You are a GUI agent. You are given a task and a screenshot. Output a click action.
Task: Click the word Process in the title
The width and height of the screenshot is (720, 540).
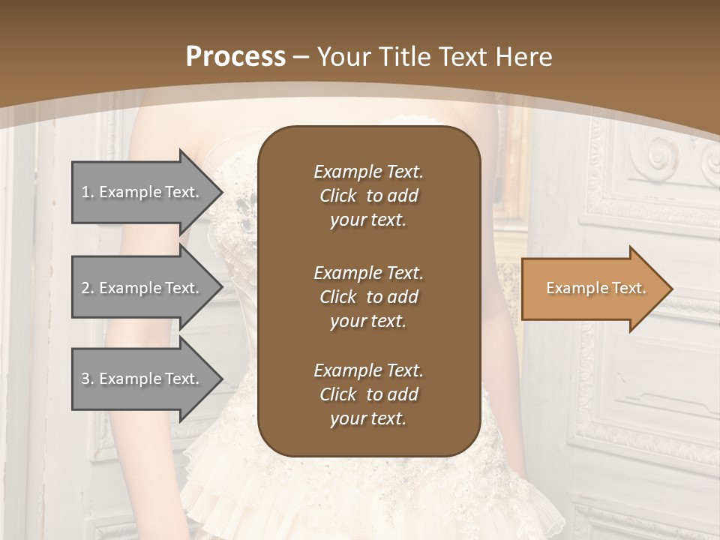coord(235,57)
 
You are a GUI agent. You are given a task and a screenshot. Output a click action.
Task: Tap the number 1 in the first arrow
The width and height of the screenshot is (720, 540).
coord(85,192)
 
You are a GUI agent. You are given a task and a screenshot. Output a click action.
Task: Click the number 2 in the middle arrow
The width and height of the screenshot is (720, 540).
coord(85,288)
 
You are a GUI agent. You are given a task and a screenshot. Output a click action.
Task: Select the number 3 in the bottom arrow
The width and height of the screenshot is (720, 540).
coord(85,379)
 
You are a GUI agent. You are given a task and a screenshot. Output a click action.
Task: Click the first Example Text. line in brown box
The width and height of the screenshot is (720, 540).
coord(368,172)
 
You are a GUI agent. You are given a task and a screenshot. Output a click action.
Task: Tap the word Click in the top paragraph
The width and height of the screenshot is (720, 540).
coord(337,196)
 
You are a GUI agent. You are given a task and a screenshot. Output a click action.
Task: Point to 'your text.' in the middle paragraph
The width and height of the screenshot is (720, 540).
coord(368,321)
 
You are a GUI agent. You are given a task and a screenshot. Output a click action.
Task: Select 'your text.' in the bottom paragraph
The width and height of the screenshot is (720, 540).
coord(368,418)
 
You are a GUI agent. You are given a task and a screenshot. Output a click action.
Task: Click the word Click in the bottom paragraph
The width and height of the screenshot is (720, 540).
coord(337,394)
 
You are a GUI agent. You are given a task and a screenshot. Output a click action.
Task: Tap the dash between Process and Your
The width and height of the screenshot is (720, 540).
coord(301,57)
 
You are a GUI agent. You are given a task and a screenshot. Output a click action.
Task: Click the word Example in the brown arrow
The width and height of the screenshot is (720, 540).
coord(573,288)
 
